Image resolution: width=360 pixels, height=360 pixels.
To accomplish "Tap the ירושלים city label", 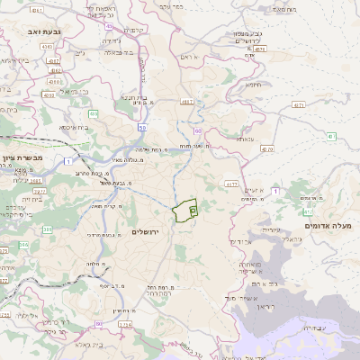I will click(x=144, y=231).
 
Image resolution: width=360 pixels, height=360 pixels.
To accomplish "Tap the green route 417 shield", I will click(x=307, y=212).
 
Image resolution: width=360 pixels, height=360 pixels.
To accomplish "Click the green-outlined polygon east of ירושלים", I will click(x=186, y=210).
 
